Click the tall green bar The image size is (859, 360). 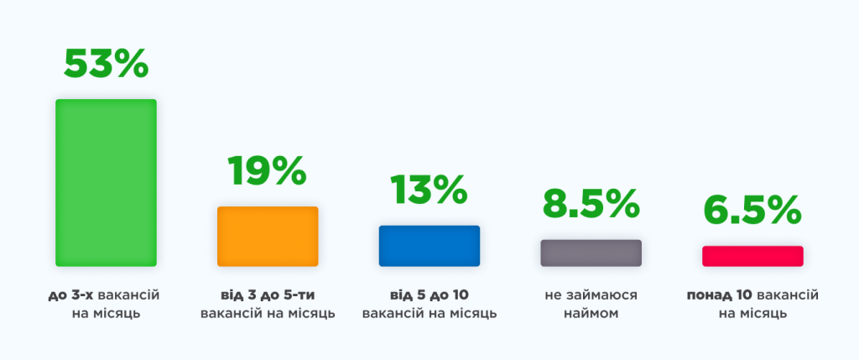[106, 182]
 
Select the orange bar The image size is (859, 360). [268, 236]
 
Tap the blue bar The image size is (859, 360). [429, 246]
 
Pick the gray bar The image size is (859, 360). [591, 253]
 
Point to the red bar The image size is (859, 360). [752, 257]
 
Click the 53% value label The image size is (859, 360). [106, 64]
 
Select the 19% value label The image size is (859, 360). [268, 170]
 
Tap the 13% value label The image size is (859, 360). [429, 190]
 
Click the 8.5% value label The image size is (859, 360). [591, 205]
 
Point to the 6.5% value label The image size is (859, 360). [752, 211]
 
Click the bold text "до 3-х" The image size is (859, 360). [70, 295]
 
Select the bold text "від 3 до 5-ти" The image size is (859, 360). [268, 295]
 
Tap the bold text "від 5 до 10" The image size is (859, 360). [429, 295]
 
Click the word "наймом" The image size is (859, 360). [591, 315]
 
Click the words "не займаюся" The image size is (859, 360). [591, 296]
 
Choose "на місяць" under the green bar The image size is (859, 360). [106, 315]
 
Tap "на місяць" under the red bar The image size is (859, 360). [752, 315]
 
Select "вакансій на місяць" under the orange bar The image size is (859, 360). [268, 315]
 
